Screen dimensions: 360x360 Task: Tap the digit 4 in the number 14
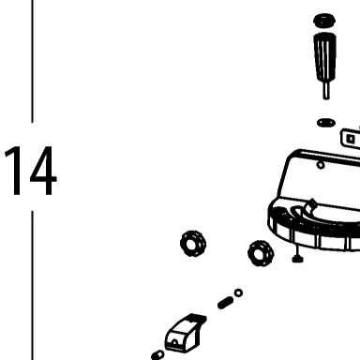coord(43,171)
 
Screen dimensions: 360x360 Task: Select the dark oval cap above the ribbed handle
coord(324,21)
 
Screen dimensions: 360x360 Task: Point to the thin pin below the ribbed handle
coord(326,91)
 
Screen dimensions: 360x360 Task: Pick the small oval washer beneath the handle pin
coord(326,123)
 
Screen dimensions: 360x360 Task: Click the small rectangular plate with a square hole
coord(351,139)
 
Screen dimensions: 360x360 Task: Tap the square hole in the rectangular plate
coord(351,139)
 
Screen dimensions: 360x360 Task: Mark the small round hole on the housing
coord(321,165)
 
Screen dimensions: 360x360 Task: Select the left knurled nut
coord(193,244)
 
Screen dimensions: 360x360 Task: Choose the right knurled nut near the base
coord(261,253)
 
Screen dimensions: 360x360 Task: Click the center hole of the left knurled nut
coord(191,244)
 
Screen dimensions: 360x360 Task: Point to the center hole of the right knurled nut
coord(260,253)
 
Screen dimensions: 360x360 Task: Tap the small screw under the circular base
coord(298,255)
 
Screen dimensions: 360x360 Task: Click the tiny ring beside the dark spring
coord(238,293)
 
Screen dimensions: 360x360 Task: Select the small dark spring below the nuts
coord(225,303)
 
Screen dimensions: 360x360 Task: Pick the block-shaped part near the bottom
coord(186,334)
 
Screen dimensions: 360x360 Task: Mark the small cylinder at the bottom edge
coord(157,355)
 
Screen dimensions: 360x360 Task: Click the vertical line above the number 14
coord(32,61)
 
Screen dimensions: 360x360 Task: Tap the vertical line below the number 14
coord(32,286)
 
